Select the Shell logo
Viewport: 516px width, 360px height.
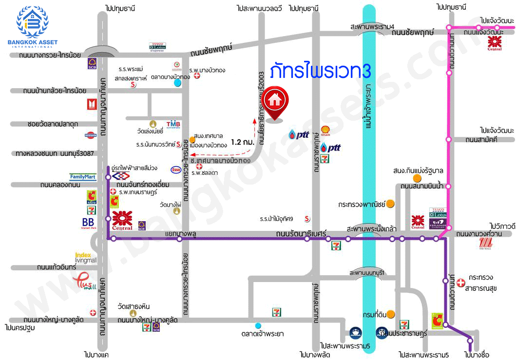(x=325, y=130)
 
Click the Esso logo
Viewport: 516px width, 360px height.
(x=176, y=170)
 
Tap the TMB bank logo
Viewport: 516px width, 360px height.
(x=173, y=125)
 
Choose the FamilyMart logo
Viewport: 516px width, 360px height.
(x=83, y=177)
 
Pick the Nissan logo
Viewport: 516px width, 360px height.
(x=91, y=134)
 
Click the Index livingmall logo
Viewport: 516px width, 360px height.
(x=86, y=257)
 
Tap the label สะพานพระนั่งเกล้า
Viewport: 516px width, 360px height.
(x=371, y=228)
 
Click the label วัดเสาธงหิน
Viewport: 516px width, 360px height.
(x=133, y=306)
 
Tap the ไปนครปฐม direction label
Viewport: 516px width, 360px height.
(x=21, y=327)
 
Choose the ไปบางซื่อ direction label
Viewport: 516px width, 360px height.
(x=477, y=354)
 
